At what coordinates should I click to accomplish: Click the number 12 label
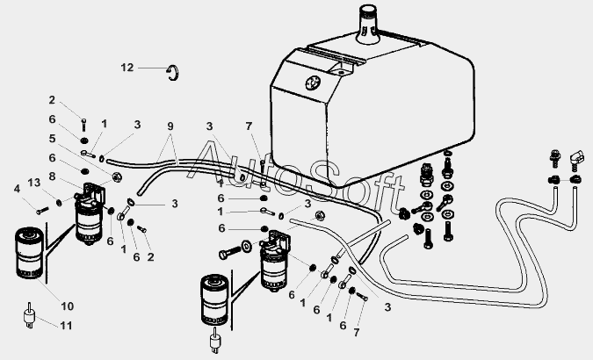tap(127, 68)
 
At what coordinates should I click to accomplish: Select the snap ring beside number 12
tap(175, 73)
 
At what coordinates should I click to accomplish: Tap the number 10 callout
tap(68, 306)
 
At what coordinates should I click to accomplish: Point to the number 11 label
tap(66, 325)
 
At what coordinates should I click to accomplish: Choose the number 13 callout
tap(34, 183)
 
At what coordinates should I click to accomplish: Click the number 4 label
tap(17, 188)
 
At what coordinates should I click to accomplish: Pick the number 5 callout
tap(52, 139)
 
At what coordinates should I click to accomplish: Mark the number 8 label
tap(52, 176)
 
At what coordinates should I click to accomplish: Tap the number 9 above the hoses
tap(170, 126)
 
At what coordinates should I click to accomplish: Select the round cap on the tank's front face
tap(313, 83)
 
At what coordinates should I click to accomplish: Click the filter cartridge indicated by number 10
tap(29, 253)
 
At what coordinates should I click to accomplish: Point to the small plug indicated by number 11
tap(30, 315)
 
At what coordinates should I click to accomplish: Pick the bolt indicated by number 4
tap(42, 210)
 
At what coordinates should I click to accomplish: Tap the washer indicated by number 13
tap(59, 203)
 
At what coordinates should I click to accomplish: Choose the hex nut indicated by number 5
tap(117, 176)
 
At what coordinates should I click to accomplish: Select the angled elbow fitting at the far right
tap(575, 159)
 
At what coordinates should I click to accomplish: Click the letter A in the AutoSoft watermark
tap(208, 161)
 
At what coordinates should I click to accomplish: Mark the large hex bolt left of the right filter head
tap(229, 252)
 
